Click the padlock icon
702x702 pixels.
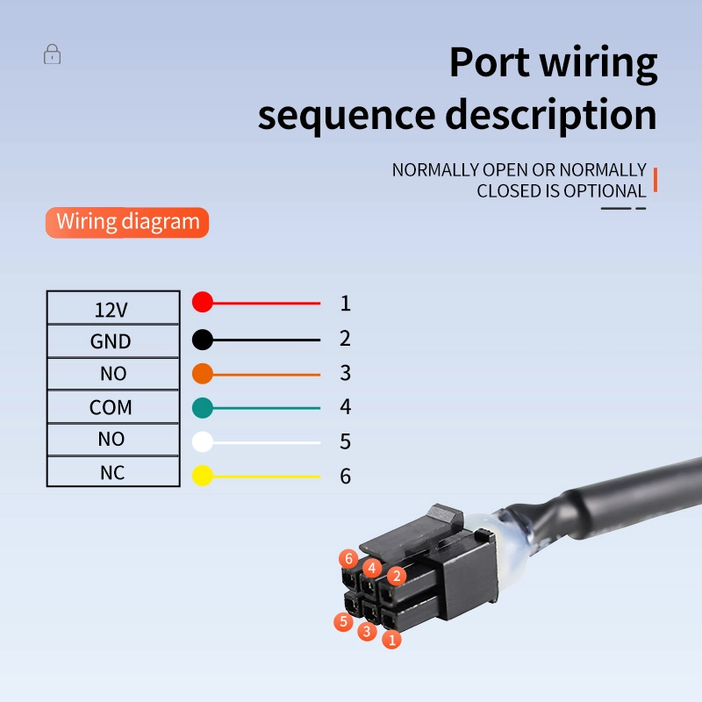(x=52, y=54)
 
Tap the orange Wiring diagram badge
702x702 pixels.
(x=127, y=222)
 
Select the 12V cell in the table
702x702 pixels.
(x=113, y=308)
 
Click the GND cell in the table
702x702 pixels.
(x=113, y=341)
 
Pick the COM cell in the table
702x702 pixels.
(x=113, y=406)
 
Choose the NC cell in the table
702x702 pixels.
(x=113, y=471)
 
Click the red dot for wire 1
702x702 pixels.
(x=203, y=302)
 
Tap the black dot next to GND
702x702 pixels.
(x=203, y=340)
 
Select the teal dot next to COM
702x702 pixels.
(x=203, y=408)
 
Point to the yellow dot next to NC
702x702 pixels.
(x=203, y=476)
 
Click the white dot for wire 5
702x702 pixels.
(x=203, y=442)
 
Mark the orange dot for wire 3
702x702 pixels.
(x=203, y=374)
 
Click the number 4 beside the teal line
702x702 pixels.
(x=345, y=406)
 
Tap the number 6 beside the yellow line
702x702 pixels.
(x=345, y=476)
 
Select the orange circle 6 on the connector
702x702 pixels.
(x=348, y=559)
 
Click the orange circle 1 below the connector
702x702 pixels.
(x=391, y=640)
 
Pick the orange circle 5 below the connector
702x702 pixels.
(x=343, y=622)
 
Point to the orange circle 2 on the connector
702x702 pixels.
(x=397, y=576)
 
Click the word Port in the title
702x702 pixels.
(x=490, y=63)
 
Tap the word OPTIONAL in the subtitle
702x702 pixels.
(x=605, y=191)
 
